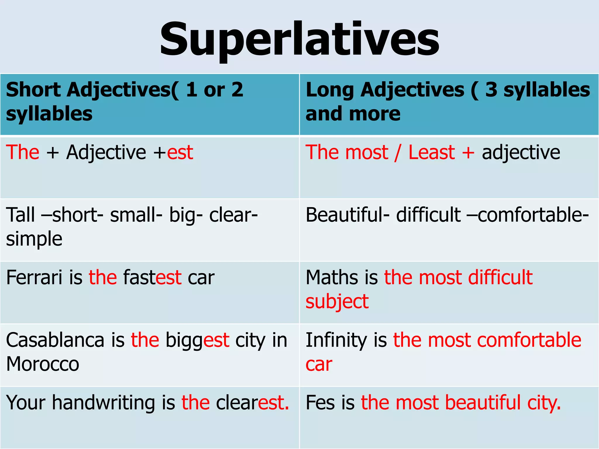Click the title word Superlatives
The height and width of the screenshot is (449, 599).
coord(299,39)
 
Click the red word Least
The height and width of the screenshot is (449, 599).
coord(431,152)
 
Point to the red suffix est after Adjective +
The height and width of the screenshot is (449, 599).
coord(180,153)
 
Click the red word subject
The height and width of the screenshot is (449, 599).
coord(337,302)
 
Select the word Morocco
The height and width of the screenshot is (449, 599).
coord(43,364)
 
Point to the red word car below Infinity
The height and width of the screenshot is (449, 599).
coord(319,365)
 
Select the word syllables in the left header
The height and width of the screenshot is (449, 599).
coord(49,114)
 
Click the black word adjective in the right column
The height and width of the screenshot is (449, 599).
coord(521,153)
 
